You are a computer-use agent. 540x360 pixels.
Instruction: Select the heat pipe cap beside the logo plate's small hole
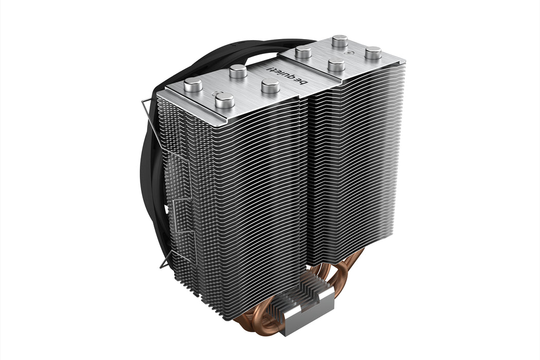[225, 100]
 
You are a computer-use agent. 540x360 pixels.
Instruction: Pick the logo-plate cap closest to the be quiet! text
[270, 86]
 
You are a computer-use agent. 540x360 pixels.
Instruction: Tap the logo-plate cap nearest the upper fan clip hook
[193, 84]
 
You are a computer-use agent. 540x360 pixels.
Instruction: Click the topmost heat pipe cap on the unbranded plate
[339, 41]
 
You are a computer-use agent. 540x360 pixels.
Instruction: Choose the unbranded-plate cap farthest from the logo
[373, 52]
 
